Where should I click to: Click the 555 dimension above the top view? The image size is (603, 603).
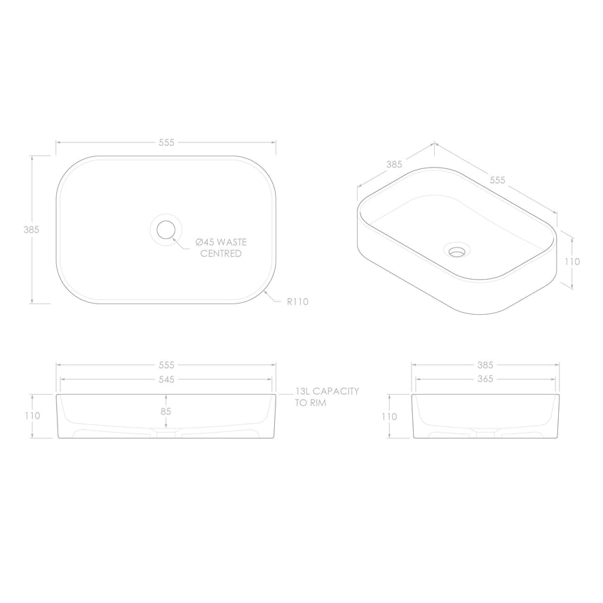pos(166,142)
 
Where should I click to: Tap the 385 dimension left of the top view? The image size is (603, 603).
pos(31,229)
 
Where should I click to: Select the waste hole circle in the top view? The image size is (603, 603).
pos(166,229)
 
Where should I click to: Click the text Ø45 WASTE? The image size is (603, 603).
pos(222,242)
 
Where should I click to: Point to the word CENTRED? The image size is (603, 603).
pos(221,253)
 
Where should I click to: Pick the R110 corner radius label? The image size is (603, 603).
pos(298,301)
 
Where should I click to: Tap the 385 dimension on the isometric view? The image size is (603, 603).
pos(393,165)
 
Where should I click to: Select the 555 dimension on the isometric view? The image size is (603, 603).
pos(497,180)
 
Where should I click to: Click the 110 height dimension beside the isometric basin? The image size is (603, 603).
pos(573,261)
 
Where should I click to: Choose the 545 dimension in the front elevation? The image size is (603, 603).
pos(166,379)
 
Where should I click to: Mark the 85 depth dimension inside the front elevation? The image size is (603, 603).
pos(166,412)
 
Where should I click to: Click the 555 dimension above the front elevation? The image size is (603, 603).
pos(166,365)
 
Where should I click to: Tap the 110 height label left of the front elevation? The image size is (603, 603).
pos(32,416)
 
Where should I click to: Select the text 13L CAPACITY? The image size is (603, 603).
pos(327,391)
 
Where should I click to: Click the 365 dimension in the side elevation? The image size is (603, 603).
pos(485,379)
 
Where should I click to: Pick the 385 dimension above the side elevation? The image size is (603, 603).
pos(485,365)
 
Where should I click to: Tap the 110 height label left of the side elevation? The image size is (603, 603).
pos(388,416)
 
